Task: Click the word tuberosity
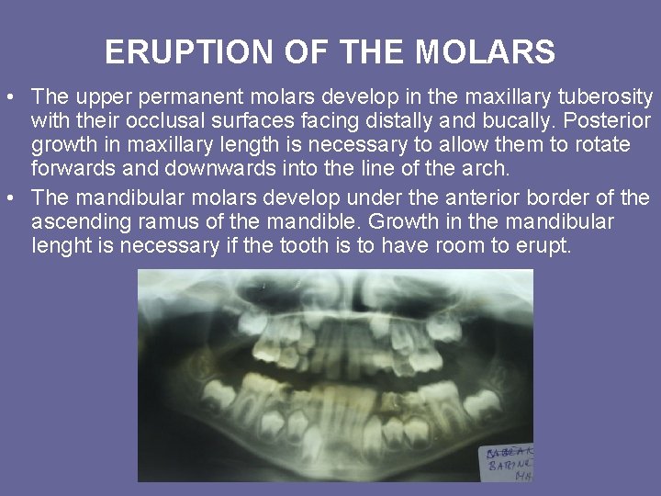(x=609, y=96)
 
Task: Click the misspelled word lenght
(x=61, y=246)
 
